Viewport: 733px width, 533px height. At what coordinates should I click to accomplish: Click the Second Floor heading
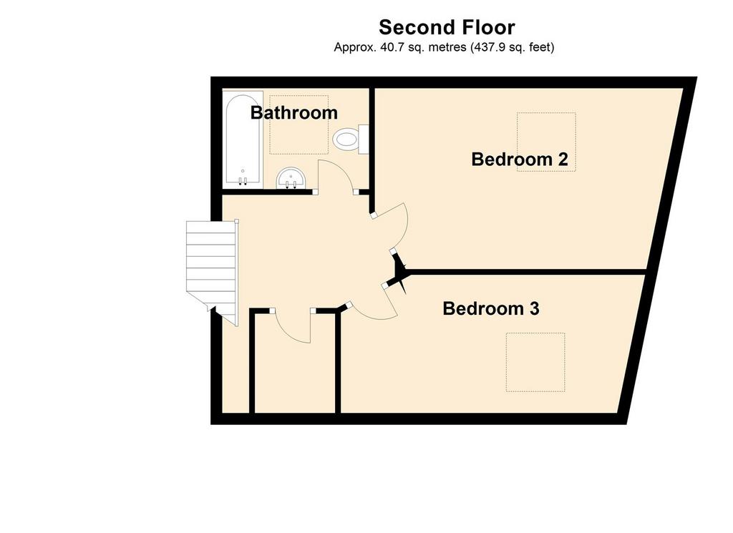coord(447,27)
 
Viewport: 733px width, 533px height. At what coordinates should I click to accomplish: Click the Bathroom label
coord(294,112)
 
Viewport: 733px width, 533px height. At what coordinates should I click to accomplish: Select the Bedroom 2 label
coord(520,160)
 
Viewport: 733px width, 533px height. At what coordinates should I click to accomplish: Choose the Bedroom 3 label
coord(491,308)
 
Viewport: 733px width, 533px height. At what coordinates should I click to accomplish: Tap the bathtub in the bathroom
coord(242,140)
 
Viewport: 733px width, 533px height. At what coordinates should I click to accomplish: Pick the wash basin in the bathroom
coord(291,178)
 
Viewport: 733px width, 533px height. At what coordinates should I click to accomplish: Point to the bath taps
coord(243,181)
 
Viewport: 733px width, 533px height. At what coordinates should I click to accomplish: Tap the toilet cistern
coord(363,139)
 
